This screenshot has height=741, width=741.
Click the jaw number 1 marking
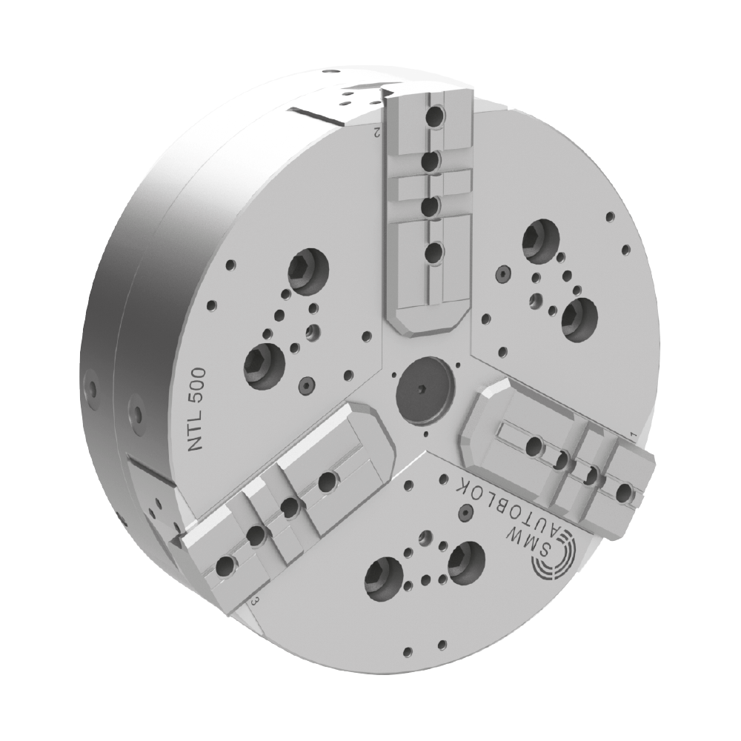tap(634, 433)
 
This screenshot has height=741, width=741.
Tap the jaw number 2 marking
tap(377, 132)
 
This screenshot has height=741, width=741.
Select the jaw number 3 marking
tap(254, 601)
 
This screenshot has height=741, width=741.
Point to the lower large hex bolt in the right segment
tap(580, 319)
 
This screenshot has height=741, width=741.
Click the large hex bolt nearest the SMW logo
tap(466, 562)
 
